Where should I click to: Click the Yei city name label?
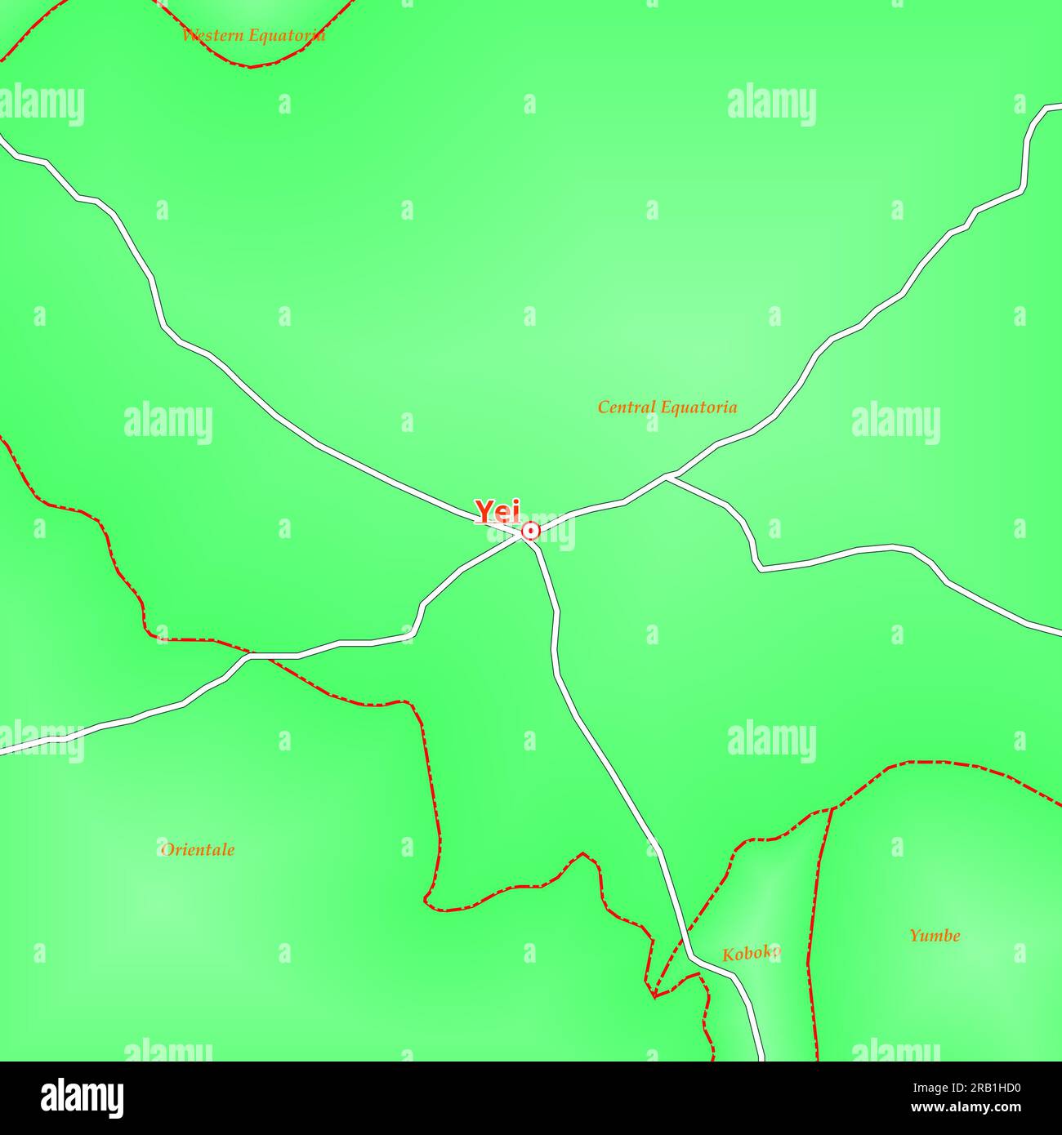point(498,512)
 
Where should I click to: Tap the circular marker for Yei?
point(530,532)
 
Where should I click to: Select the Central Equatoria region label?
point(667,407)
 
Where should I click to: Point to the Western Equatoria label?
point(253,35)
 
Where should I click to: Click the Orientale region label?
point(198,849)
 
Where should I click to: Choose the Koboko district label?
point(751,953)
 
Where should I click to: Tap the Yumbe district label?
point(935,936)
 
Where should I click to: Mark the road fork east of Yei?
point(669,475)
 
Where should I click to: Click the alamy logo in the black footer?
point(83,1097)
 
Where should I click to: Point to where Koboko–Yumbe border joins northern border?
point(832,808)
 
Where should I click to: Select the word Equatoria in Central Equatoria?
point(699,407)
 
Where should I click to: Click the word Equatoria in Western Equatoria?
point(289,35)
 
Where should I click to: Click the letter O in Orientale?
point(166,849)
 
